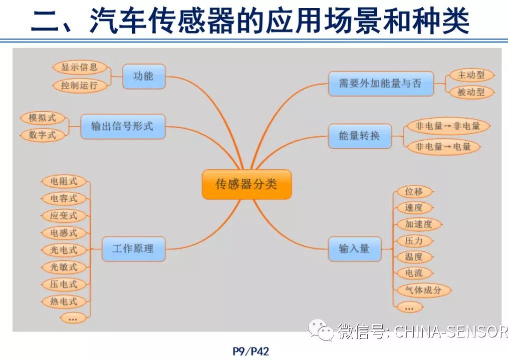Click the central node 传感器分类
(x=246, y=184)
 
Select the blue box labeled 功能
(x=143, y=77)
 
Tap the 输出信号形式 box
(x=123, y=126)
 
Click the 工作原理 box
(x=133, y=248)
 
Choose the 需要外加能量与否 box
(x=380, y=84)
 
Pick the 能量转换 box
(x=359, y=136)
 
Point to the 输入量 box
(x=354, y=248)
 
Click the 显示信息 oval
(x=80, y=67)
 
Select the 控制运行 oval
(x=80, y=85)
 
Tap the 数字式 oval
(x=43, y=135)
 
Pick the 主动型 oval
(x=471, y=75)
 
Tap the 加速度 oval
(x=418, y=224)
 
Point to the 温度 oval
(x=414, y=257)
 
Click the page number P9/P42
(x=251, y=351)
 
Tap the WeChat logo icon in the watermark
(x=321, y=330)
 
